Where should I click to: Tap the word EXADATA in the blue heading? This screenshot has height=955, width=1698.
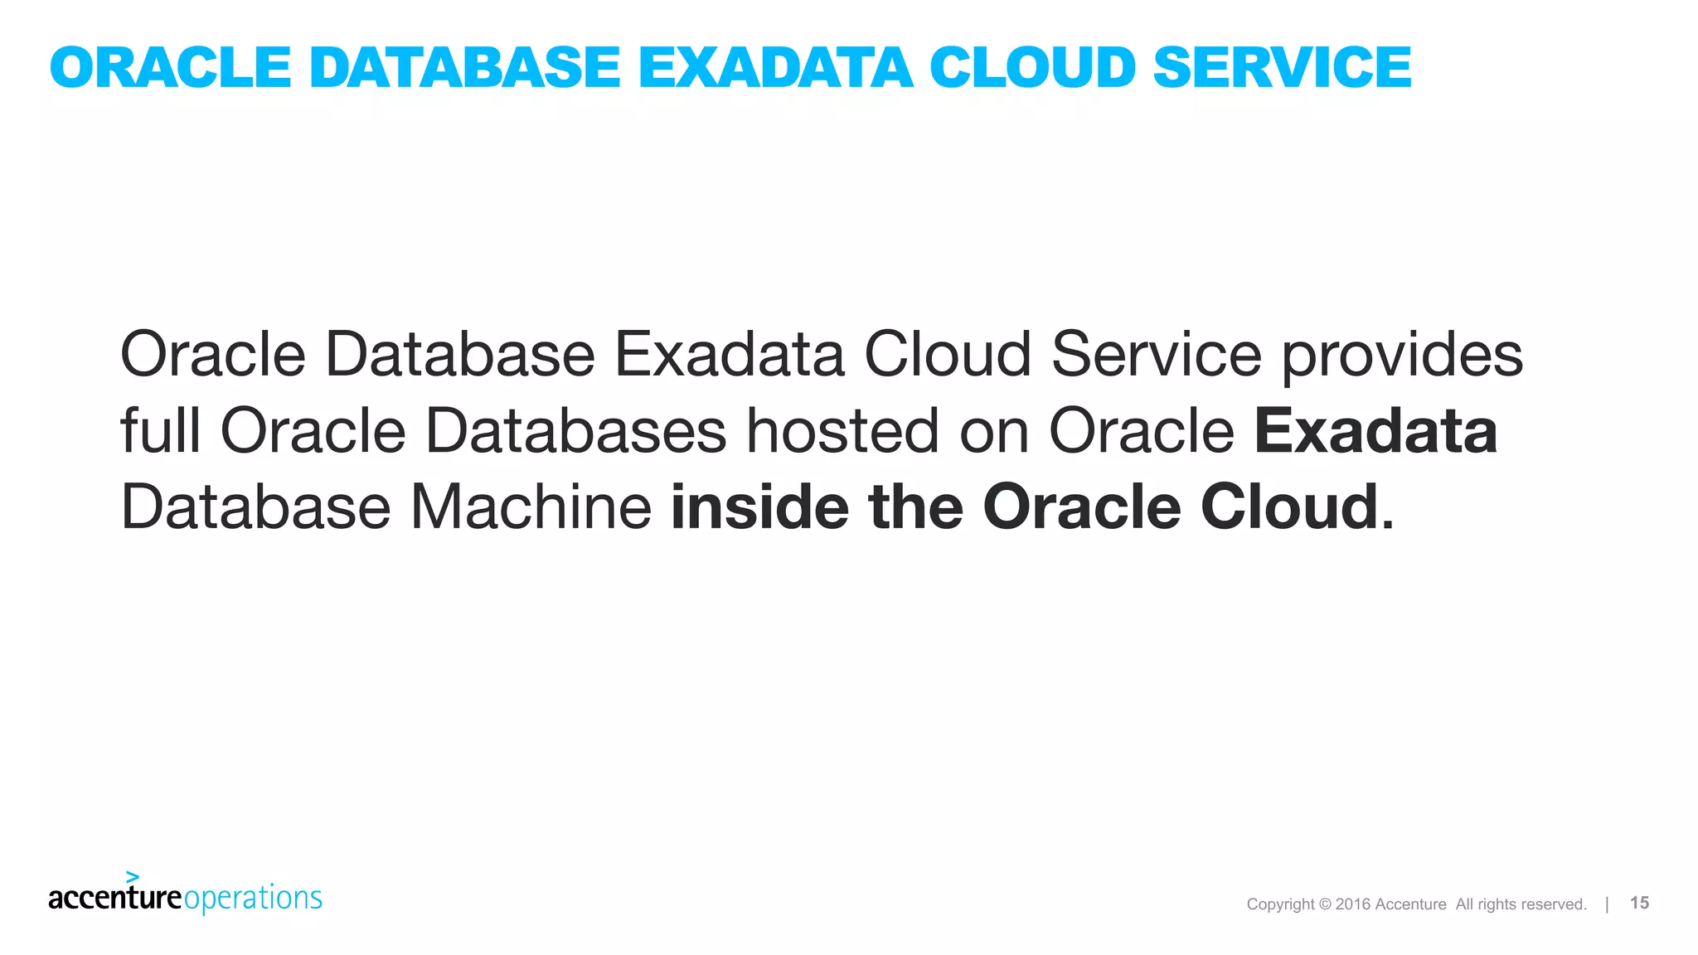775,67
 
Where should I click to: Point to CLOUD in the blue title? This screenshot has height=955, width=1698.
1032,67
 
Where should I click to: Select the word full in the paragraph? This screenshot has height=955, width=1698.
160,431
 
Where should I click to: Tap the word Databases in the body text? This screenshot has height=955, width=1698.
575,431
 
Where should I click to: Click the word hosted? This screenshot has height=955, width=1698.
842,431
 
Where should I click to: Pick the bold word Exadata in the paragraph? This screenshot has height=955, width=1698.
1375,431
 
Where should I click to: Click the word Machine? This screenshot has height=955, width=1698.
531,507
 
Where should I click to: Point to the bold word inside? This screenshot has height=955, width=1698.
759,507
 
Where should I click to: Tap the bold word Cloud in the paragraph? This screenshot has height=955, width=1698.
1288,507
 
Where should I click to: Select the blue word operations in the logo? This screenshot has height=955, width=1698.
253,899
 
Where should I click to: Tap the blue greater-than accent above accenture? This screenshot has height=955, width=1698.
133,877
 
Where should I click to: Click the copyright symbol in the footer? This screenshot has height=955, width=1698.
1325,904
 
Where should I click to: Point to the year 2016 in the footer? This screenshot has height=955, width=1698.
1352,904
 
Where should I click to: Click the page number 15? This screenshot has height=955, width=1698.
1639,903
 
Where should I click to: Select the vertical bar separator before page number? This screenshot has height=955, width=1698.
1607,904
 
